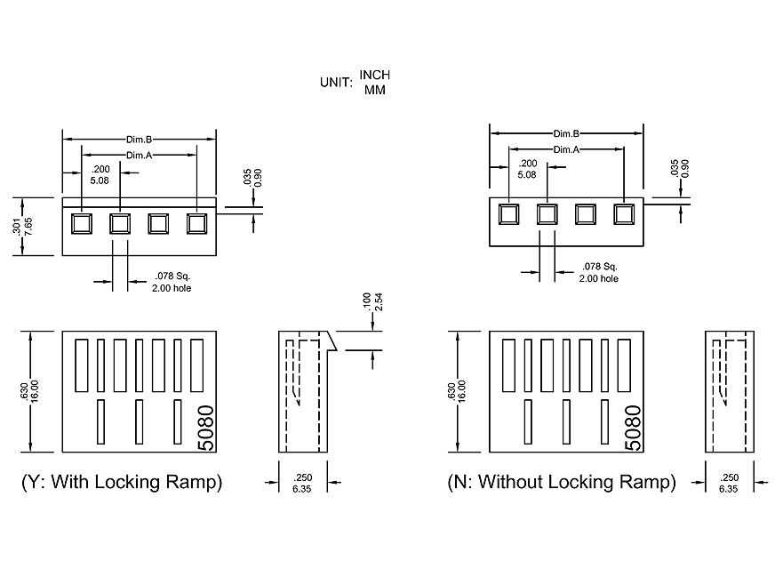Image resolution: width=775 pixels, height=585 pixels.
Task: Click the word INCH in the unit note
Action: click(374, 75)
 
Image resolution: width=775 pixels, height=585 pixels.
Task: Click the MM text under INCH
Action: click(374, 90)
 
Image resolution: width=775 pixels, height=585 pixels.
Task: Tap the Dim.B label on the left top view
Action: click(139, 140)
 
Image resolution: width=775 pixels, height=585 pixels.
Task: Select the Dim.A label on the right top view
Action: click(566, 149)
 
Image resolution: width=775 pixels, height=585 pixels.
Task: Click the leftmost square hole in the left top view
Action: click(81, 223)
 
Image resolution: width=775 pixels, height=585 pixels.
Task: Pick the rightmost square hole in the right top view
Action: click(622, 214)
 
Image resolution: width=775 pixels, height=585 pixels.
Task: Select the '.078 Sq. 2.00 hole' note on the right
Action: click(599, 273)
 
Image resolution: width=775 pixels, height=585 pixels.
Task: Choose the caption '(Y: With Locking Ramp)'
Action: click(122, 483)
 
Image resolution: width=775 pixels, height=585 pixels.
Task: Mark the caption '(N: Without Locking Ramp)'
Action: click(562, 483)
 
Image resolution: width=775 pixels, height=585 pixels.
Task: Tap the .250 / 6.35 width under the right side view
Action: click(729, 483)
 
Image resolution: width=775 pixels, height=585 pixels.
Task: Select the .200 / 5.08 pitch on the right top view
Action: click(527, 169)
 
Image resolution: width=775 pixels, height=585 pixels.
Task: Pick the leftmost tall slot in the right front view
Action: click(510, 365)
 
